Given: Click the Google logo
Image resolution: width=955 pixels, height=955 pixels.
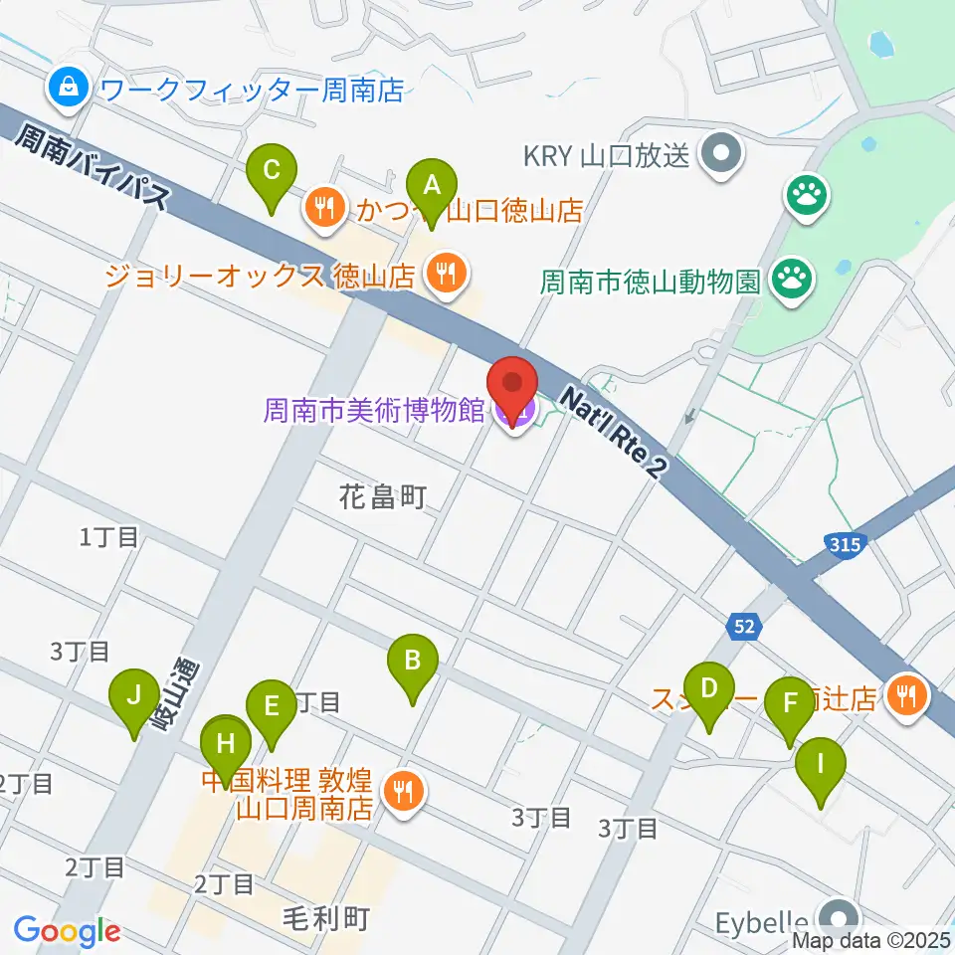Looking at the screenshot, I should point(67,931).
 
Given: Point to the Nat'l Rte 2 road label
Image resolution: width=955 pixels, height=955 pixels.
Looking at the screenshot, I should point(610,430).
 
